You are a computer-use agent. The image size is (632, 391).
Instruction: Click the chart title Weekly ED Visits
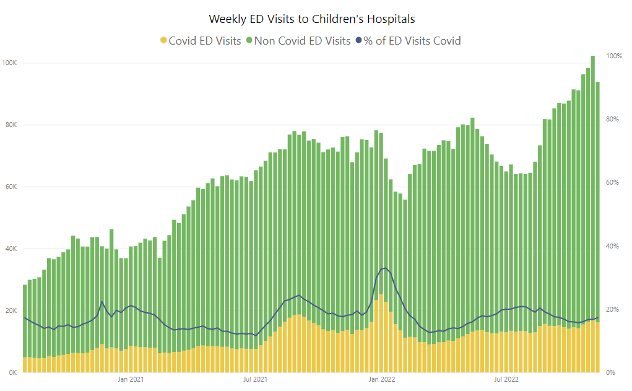[x=311, y=19]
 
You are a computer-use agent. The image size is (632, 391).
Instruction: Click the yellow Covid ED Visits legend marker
[x=163, y=41]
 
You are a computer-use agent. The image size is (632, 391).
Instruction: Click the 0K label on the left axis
[x=12, y=372]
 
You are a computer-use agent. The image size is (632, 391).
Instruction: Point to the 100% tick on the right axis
[x=614, y=56]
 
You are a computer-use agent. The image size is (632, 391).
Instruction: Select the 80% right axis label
[x=613, y=119]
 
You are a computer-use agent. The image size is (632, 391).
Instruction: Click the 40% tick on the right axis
[x=613, y=246]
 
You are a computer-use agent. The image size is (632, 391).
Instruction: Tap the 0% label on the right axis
[x=611, y=372]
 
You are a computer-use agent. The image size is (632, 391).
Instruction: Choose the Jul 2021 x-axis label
[x=254, y=379]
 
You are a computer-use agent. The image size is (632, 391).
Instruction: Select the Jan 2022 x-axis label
[x=382, y=379]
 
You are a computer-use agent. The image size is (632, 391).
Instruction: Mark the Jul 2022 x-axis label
[x=506, y=379]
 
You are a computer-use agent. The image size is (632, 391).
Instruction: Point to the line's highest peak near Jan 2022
[x=385, y=268]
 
